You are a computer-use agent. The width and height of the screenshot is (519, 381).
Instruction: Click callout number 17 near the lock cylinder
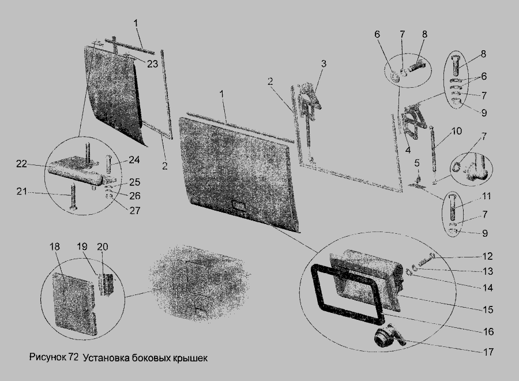click(488, 352)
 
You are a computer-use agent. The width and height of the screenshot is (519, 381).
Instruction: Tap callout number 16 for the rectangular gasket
click(488, 331)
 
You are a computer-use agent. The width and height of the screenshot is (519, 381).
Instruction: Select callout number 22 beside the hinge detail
click(21, 164)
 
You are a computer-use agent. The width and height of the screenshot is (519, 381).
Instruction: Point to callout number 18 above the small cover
click(55, 247)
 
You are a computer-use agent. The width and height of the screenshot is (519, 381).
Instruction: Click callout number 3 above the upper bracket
click(324, 63)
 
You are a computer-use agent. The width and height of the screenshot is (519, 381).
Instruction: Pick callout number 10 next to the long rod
click(457, 131)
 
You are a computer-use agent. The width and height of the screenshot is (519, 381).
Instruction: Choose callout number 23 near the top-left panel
click(152, 63)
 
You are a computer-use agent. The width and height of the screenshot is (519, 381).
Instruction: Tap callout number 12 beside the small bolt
click(487, 256)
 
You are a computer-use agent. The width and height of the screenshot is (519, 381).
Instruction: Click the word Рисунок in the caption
click(48, 357)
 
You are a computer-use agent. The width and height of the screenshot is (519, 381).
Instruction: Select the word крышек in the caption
click(190, 358)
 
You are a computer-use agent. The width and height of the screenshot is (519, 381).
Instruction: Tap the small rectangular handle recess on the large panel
click(238, 207)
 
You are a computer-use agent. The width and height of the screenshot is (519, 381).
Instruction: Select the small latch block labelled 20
click(106, 284)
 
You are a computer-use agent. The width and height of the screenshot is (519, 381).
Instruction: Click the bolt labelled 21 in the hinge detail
click(73, 197)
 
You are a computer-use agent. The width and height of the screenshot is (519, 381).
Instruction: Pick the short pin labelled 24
click(108, 164)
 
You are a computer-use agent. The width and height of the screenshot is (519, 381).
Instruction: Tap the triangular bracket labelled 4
click(413, 121)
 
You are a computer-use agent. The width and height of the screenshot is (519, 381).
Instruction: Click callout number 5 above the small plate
click(417, 163)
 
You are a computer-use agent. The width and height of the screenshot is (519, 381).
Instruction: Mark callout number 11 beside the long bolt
click(486, 196)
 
